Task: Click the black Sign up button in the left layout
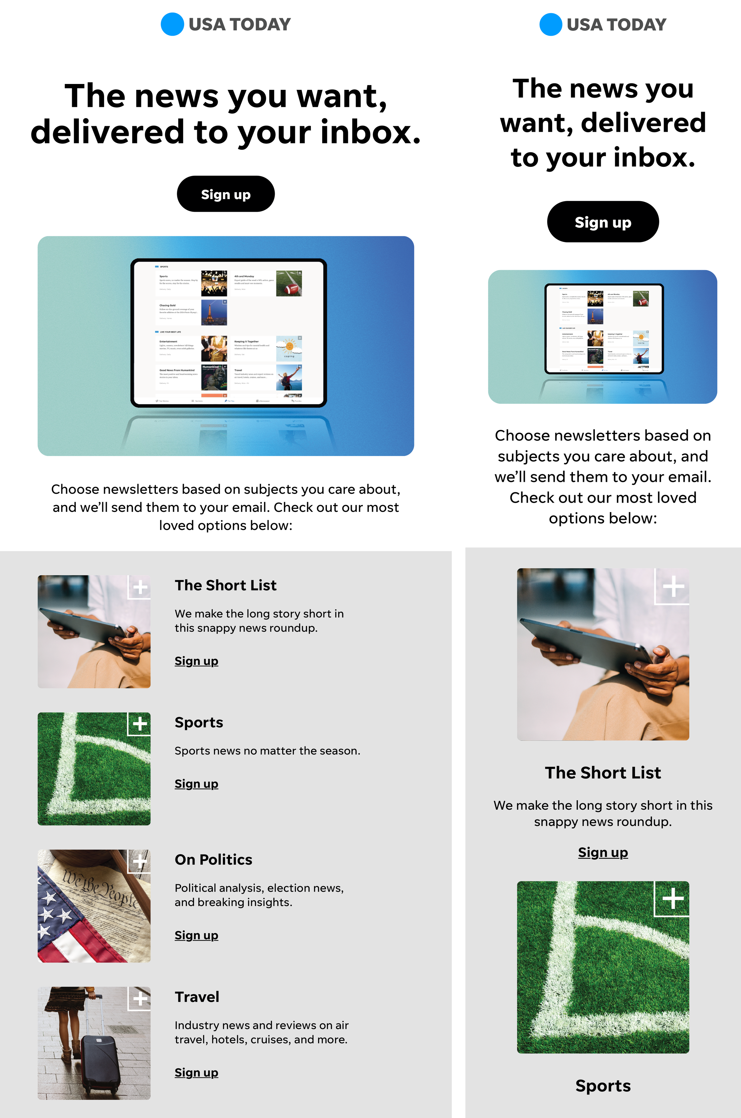[x=226, y=194]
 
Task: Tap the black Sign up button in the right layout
[x=603, y=222]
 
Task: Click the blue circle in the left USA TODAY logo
[x=172, y=24]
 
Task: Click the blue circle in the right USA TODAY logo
[x=550, y=24]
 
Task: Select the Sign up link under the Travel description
[x=196, y=1072]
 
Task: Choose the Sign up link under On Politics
[x=196, y=935]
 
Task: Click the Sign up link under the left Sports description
[x=196, y=784]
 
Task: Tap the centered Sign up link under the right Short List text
[x=603, y=852]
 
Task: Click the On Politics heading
[x=213, y=859]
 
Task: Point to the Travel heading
[x=197, y=996]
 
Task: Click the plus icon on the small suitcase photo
[x=140, y=998]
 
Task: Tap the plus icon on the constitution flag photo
[x=140, y=861]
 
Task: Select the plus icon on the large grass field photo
[x=673, y=898]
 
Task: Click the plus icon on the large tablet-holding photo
[x=673, y=586]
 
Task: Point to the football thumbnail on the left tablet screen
[x=289, y=283]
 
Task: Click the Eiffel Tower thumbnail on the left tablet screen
[x=214, y=313]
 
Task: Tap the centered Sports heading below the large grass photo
[x=603, y=1085]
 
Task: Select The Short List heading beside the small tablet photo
[x=226, y=585]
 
